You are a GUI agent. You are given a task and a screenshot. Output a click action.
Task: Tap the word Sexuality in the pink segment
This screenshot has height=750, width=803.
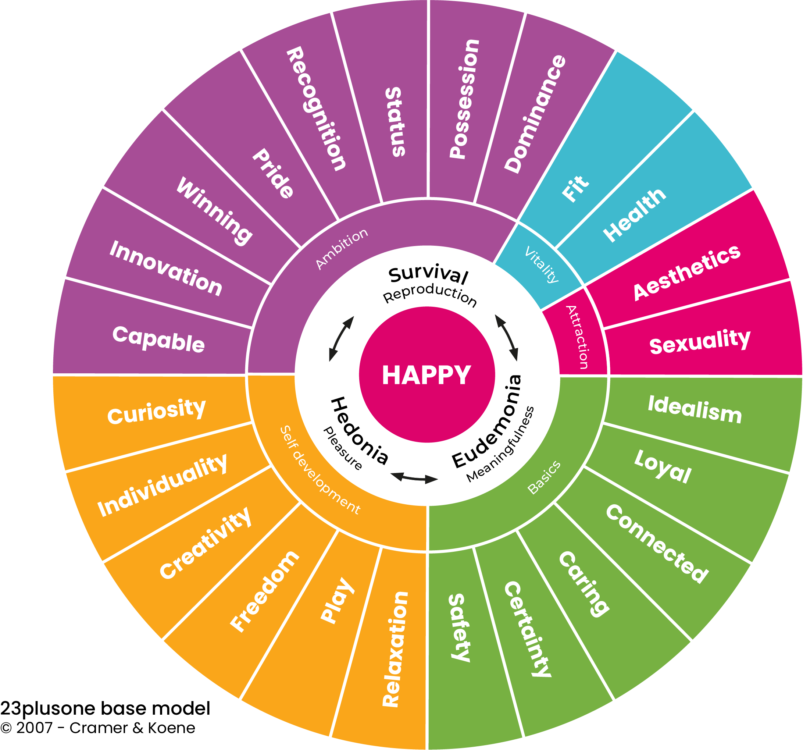(x=700, y=341)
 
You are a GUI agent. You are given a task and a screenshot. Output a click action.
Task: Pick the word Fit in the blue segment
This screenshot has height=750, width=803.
(x=575, y=188)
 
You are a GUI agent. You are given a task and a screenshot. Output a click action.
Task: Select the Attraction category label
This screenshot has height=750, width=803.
(x=577, y=337)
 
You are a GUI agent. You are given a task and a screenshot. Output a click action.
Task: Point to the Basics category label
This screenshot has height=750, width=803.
(x=544, y=477)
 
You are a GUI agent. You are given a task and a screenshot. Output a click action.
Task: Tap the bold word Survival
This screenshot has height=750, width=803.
(x=428, y=275)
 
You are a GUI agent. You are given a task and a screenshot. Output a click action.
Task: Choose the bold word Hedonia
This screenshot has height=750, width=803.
(x=360, y=430)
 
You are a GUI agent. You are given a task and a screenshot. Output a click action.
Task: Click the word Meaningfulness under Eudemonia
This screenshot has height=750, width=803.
(x=501, y=444)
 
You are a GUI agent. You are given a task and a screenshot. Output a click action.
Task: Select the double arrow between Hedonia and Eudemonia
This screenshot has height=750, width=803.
(x=414, y=478)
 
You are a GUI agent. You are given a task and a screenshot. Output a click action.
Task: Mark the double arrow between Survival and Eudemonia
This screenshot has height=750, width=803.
(x=507, y=337)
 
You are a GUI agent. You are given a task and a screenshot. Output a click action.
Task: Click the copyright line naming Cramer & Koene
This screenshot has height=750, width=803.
(x=98, y=727)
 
